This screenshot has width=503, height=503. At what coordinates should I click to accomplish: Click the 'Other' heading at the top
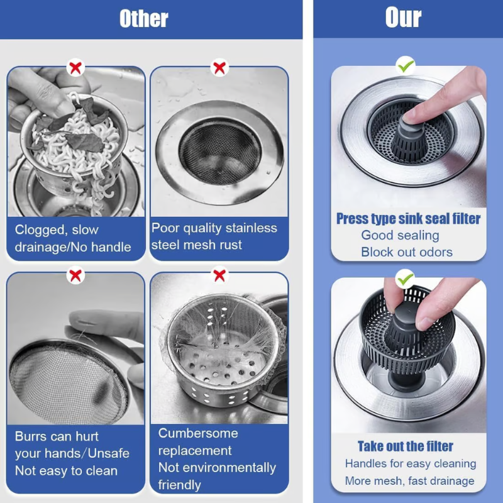[143, 18]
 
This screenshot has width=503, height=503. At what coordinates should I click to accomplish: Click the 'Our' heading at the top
[403, 18]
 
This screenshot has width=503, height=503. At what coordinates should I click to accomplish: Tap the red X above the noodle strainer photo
[76, 67]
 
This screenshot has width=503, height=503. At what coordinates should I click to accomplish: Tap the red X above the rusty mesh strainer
[219, 67]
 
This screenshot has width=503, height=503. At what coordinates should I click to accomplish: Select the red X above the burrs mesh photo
[76, 275]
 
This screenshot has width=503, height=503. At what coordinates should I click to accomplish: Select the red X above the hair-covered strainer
[219, 275]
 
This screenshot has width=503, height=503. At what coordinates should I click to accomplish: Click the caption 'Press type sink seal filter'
[408, 219]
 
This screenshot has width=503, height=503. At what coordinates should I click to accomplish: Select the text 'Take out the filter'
[406, 446]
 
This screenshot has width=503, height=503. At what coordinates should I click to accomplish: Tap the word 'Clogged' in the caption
[39, 230]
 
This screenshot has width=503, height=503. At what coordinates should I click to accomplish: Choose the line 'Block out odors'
[407, 252]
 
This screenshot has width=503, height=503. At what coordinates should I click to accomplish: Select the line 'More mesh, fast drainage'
[409, 481]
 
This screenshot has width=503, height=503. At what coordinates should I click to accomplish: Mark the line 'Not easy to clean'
[66, 470]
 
